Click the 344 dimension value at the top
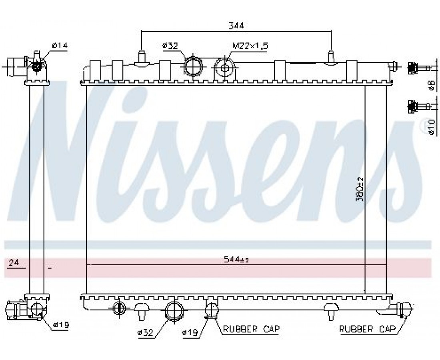click(x=236, y=26)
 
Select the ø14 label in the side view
click(x=60, y=45)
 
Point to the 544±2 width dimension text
click(x=236, y=260)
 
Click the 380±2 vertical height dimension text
click(x=360, y=189)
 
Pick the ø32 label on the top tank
click(x=170, y=46)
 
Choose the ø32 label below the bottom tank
click(x=145, y=333)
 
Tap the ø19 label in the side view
click(x=61, y=325)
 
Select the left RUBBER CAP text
click(x=252, y=328)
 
